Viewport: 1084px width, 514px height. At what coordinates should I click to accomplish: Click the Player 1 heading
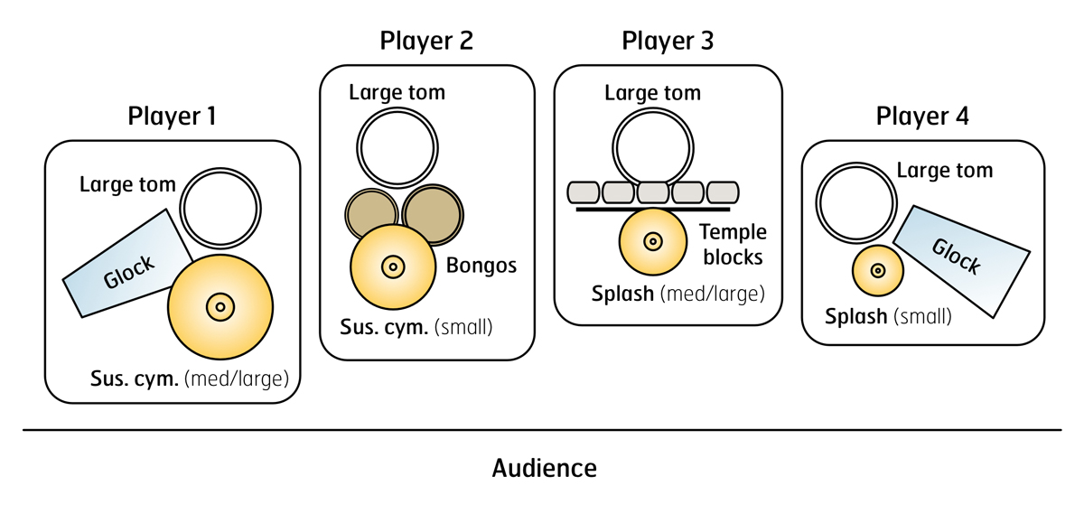pos(172,117)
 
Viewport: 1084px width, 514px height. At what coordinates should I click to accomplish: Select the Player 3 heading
pos(668,41)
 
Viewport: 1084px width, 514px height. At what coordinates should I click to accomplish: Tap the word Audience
pos(545,469)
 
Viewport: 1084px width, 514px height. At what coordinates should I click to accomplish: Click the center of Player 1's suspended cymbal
pos(220,307)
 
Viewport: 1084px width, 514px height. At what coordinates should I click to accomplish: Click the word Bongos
pos(481,266)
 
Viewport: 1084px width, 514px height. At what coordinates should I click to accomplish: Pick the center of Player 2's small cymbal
pos(393,266)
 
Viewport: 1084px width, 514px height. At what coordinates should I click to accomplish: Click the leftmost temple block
pos(584,192)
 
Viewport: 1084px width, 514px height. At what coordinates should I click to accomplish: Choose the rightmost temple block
pos(723,192)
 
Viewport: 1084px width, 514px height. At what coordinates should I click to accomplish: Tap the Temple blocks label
pos(733,245)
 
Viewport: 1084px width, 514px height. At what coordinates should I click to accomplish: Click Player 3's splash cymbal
pos(653,241)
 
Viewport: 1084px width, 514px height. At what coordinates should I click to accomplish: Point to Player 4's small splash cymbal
pos(878,271)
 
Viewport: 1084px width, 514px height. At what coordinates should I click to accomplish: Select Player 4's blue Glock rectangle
pos(960,261)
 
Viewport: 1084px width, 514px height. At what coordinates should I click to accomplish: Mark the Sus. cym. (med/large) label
pos(189,379)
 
